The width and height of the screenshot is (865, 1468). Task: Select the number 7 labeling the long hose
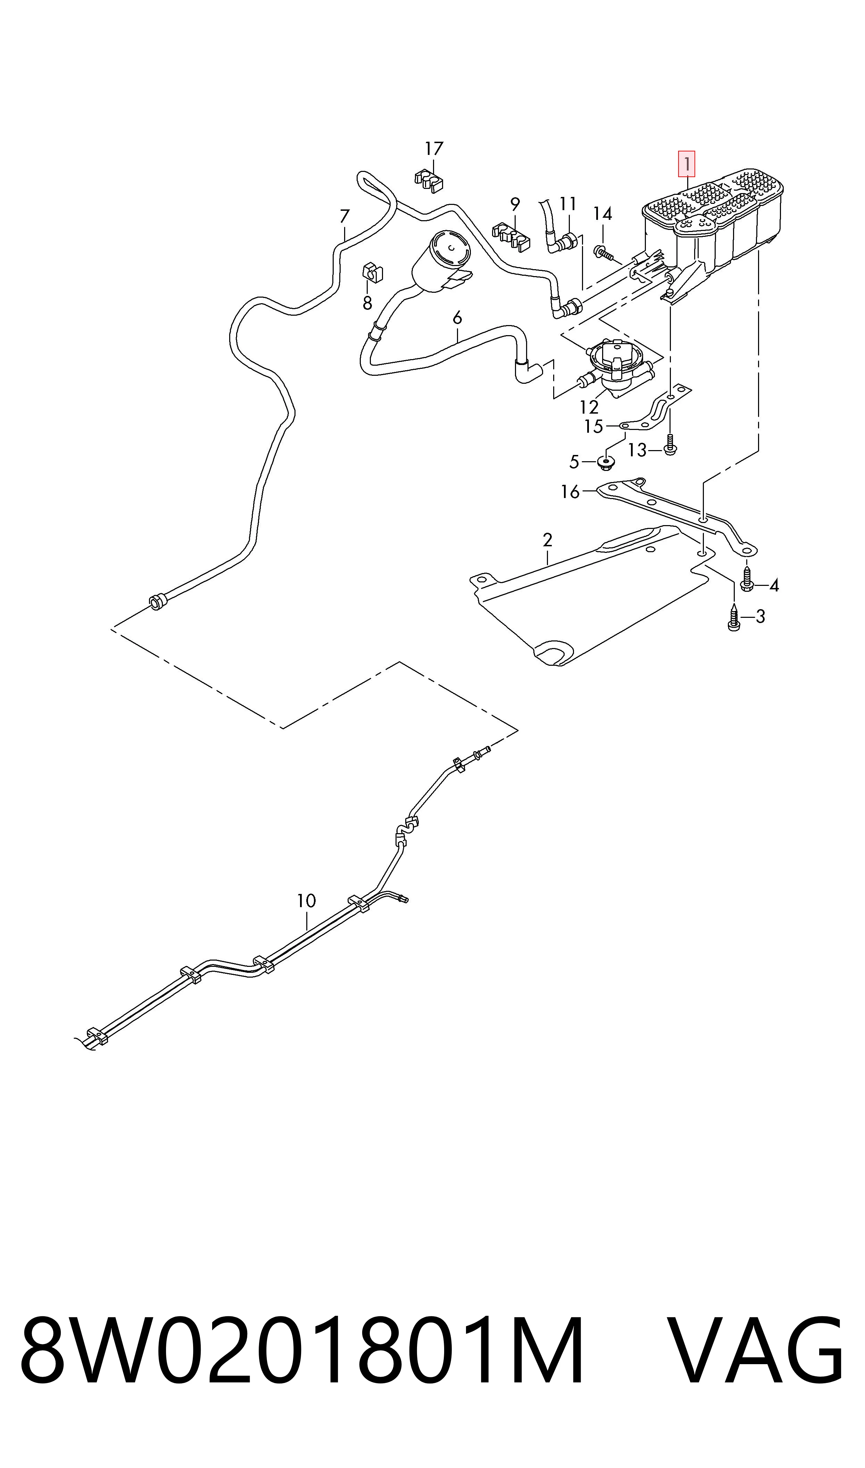(344, 216)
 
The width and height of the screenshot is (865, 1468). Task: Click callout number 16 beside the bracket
(570, 492)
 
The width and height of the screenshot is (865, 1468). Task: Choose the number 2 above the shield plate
(547, 540)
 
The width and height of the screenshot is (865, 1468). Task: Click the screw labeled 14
(602, 253)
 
